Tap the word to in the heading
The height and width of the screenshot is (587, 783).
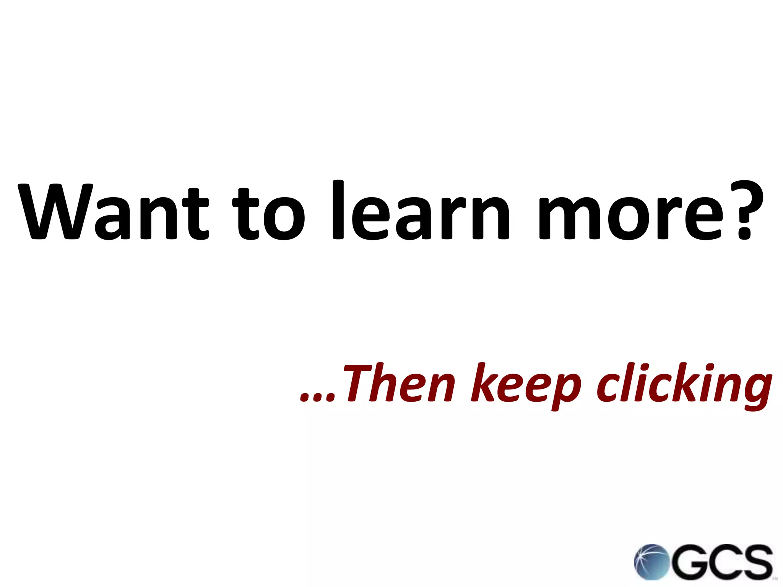(269, 214)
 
